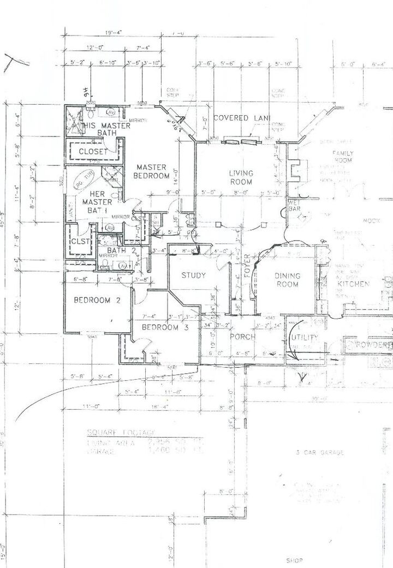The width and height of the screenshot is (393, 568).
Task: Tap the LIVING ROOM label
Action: click(240, 177)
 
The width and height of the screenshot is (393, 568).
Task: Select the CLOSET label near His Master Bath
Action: click(93, 151)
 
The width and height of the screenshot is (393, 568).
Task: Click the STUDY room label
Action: click(193, 275)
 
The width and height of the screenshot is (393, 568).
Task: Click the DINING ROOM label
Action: click(287, 280)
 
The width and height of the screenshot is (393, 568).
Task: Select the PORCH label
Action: click(242, 337)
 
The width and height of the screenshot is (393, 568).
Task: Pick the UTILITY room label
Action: click(305, 337)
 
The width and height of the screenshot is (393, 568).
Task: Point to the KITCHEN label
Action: click(354, 284)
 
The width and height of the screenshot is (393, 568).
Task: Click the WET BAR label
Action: click(295, 205)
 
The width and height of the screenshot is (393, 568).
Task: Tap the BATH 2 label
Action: click(116, 250)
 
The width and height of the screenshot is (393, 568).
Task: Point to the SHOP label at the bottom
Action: click(294, 560)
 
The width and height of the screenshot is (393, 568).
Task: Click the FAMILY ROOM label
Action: click(343, 157)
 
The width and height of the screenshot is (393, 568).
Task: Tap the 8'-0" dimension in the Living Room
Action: click(240, 192)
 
